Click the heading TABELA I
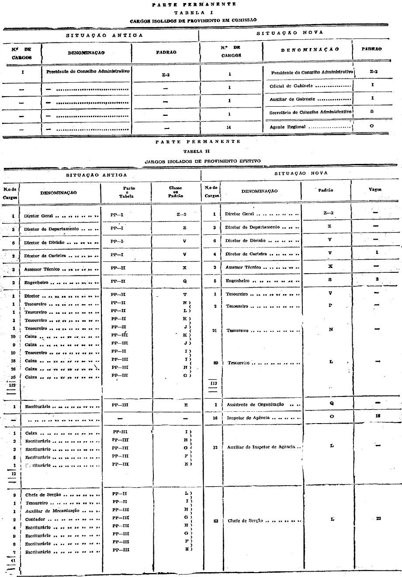pyautogui.click(x=194, y=12)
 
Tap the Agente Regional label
pyautogui.click(x=288, y=127)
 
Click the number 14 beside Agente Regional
pyautogui.click(x=229, y=127)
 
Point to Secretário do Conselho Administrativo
pyautogui.click(x=311, y=112)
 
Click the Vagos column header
pyautogui.click(x=375, y=190)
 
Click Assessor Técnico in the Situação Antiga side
pyautogui.click(x=42, y=269)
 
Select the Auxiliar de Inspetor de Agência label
pyautogui.click(x=261, y=447)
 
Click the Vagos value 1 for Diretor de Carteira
pyautogui.click(x=377, y=252)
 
